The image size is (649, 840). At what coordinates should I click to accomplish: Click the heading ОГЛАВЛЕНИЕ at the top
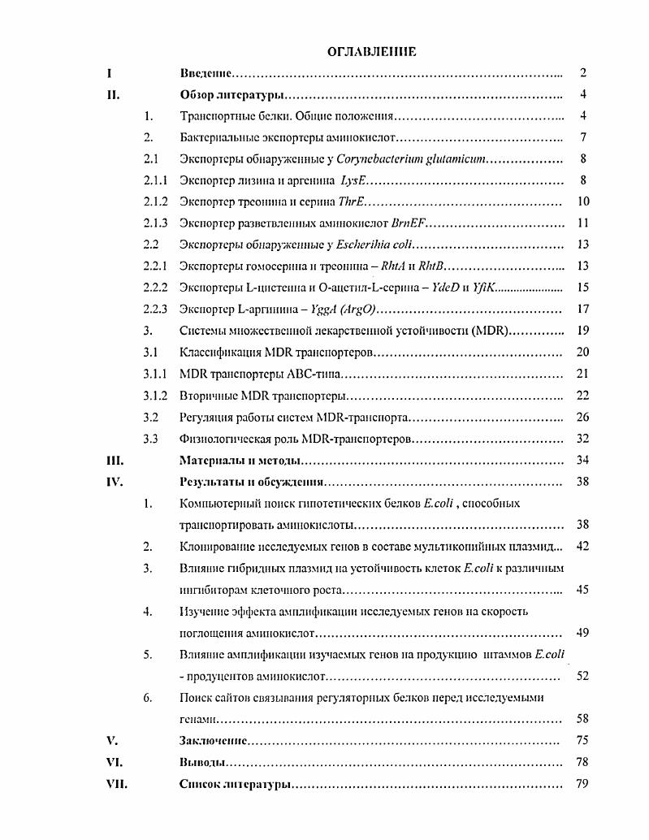coord(371,52)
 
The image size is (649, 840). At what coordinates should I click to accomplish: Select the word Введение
coord(206,73)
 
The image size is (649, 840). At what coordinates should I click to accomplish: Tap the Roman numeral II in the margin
coord(114,95)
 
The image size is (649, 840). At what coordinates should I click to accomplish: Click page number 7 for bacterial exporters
coord(583,137)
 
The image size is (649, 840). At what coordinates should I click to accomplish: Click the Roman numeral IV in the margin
coord(115,482)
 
